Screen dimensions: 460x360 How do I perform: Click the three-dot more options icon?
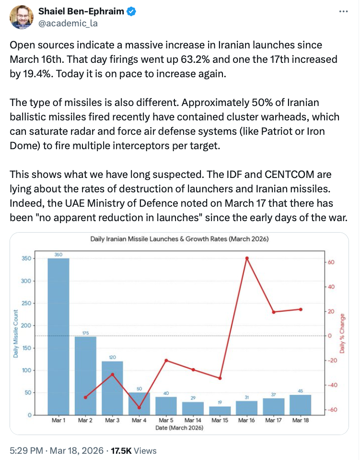tap(343, 12)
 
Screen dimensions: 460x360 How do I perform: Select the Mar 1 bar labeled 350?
tap(58, 336)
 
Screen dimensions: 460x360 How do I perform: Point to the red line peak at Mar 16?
tap(246, 258)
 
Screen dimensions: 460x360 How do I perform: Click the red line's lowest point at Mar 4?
tap(139, 408)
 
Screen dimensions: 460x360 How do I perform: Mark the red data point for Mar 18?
tap(300, 309)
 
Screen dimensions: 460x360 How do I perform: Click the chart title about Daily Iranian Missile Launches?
tap(180, 239)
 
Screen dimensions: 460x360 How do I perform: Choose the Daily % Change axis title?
tap(342, 333)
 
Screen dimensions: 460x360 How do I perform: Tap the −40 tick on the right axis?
tap(333, 385)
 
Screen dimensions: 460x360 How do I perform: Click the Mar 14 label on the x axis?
tap(193, 421)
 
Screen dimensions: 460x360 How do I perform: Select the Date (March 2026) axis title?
tap(180, 428)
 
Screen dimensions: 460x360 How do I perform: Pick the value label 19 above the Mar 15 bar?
tap(220, 402)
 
